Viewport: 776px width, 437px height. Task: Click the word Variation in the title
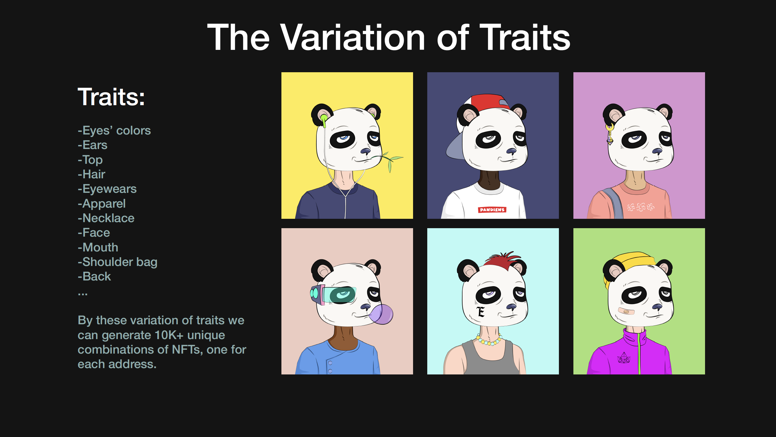pos(353,37)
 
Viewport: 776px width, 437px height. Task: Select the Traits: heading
pos(111,97)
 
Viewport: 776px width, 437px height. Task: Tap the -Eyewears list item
pos(107,189)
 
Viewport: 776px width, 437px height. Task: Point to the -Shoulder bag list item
pos(117,262)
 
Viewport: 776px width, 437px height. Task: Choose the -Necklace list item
pos(106,218)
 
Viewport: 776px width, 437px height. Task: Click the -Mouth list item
pos(98,247)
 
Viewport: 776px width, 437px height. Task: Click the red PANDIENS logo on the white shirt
pos(492,209)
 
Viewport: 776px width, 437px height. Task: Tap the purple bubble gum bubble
pos(381,314)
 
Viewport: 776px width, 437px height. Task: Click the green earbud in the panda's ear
pos(324,120)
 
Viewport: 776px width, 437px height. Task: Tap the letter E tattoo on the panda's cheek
pos(481,312)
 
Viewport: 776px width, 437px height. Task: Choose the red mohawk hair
pos(503,259)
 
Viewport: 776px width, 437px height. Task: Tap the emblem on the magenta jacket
pos(624,358)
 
